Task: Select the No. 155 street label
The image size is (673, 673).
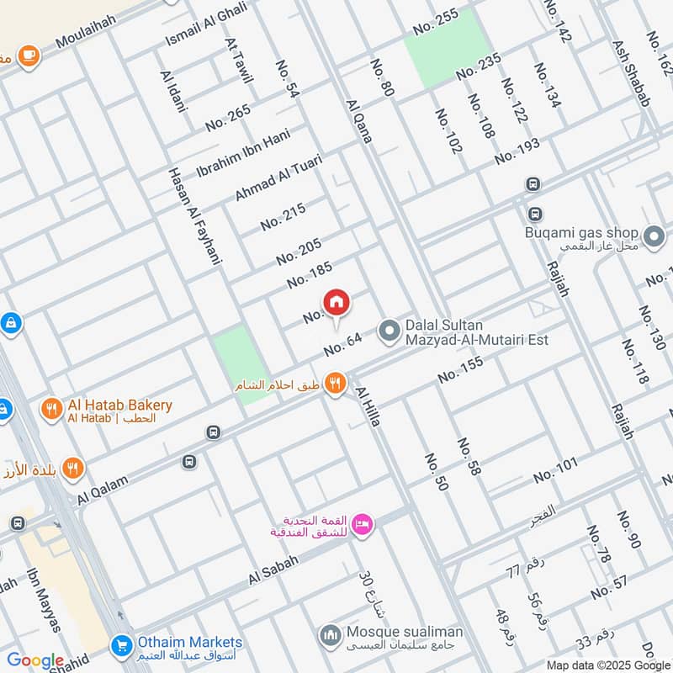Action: pyautogui.click(x=460, y=371)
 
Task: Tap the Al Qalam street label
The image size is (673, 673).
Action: pyautogui.click(x=103, y=490)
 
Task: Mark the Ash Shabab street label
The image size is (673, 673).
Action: pyautogui.click(x=632, y=74)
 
